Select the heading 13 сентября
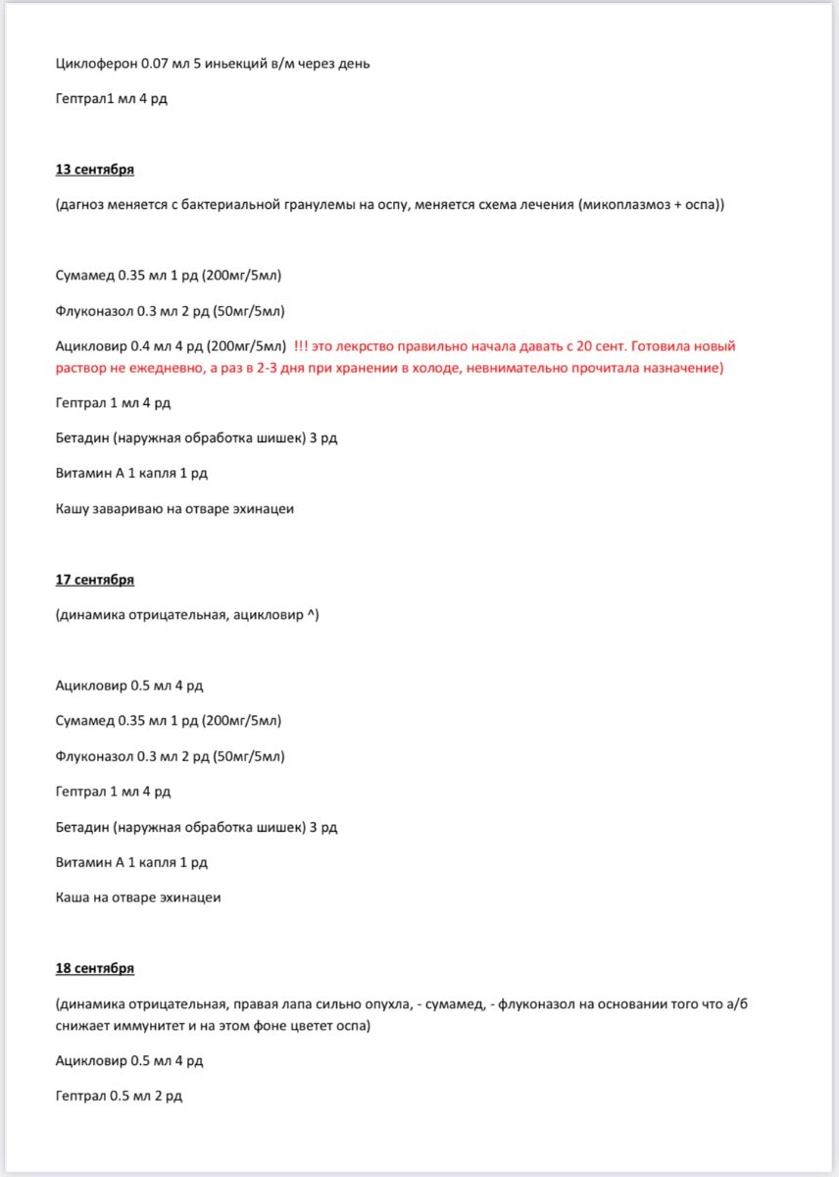pyautogui.click(x=95, y=169)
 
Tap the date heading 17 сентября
pyautogui.click(x=95, y=580)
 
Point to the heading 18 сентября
pyautogui.click(x=95, y=968)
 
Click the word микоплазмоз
pyautogui.click(x=623, y=204)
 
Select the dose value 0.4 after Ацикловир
pyautogui.click(x=143, y=345)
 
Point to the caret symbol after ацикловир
pyautogui.click(x=312, y=615)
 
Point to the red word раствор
pyautogui.click(x=84, y=367)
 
